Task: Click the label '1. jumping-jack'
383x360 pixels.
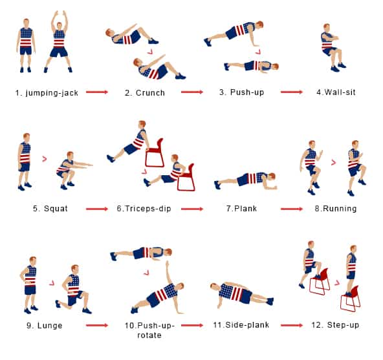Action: [47, 92]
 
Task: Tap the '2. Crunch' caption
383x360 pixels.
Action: [145, 92]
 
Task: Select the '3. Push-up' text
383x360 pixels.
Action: [241, 92]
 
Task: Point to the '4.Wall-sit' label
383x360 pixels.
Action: [336, 92]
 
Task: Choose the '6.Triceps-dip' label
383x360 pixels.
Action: [145, 209]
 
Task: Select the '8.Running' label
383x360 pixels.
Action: [335, 209]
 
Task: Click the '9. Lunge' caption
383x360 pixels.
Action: [45, 325]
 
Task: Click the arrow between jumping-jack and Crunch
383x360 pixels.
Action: [96, 92]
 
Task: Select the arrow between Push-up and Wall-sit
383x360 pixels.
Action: [290, 92]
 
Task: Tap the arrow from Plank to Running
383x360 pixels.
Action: [290, 208]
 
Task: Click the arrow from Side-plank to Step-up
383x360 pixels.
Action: [290, 324]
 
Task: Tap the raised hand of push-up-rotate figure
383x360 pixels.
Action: [168, 263]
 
